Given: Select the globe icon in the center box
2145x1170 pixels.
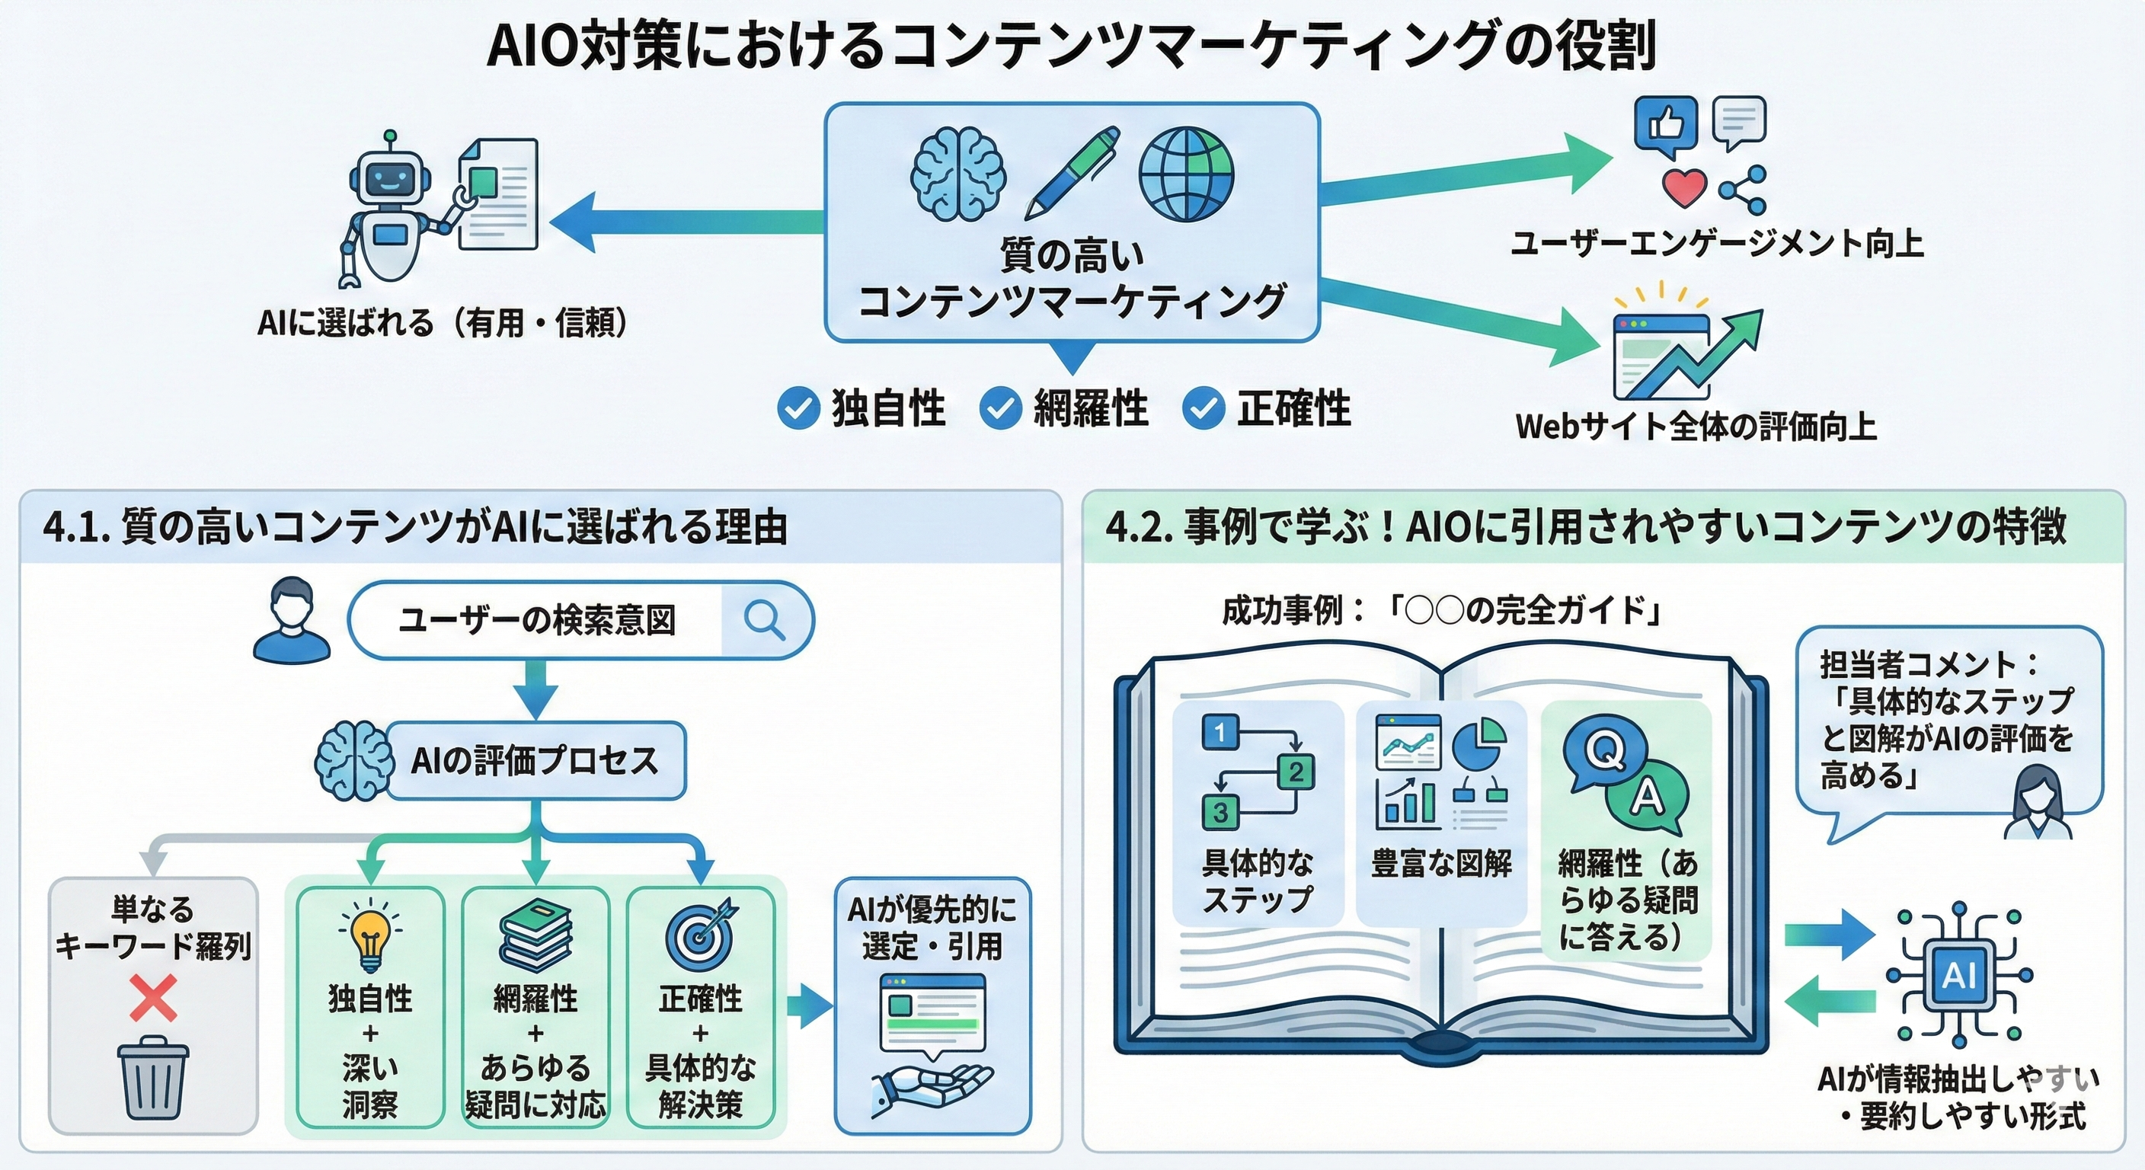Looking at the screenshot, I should (1186, 172).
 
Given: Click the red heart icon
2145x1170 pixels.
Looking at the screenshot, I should (1683, 188).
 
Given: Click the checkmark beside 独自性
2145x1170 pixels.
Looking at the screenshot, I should (798, 408).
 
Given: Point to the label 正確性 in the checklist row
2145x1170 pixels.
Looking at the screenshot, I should (1293, 409).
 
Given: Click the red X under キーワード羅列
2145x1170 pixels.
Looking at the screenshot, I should (153, 999).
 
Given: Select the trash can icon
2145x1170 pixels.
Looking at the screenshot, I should (153, 1078).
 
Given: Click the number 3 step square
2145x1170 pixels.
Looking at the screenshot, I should (1221, 812).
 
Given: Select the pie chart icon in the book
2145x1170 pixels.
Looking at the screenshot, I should (1478, 743).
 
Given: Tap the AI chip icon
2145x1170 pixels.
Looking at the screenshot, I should (1958, 975).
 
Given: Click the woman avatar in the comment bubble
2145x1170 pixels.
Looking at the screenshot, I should (2041, 803).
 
